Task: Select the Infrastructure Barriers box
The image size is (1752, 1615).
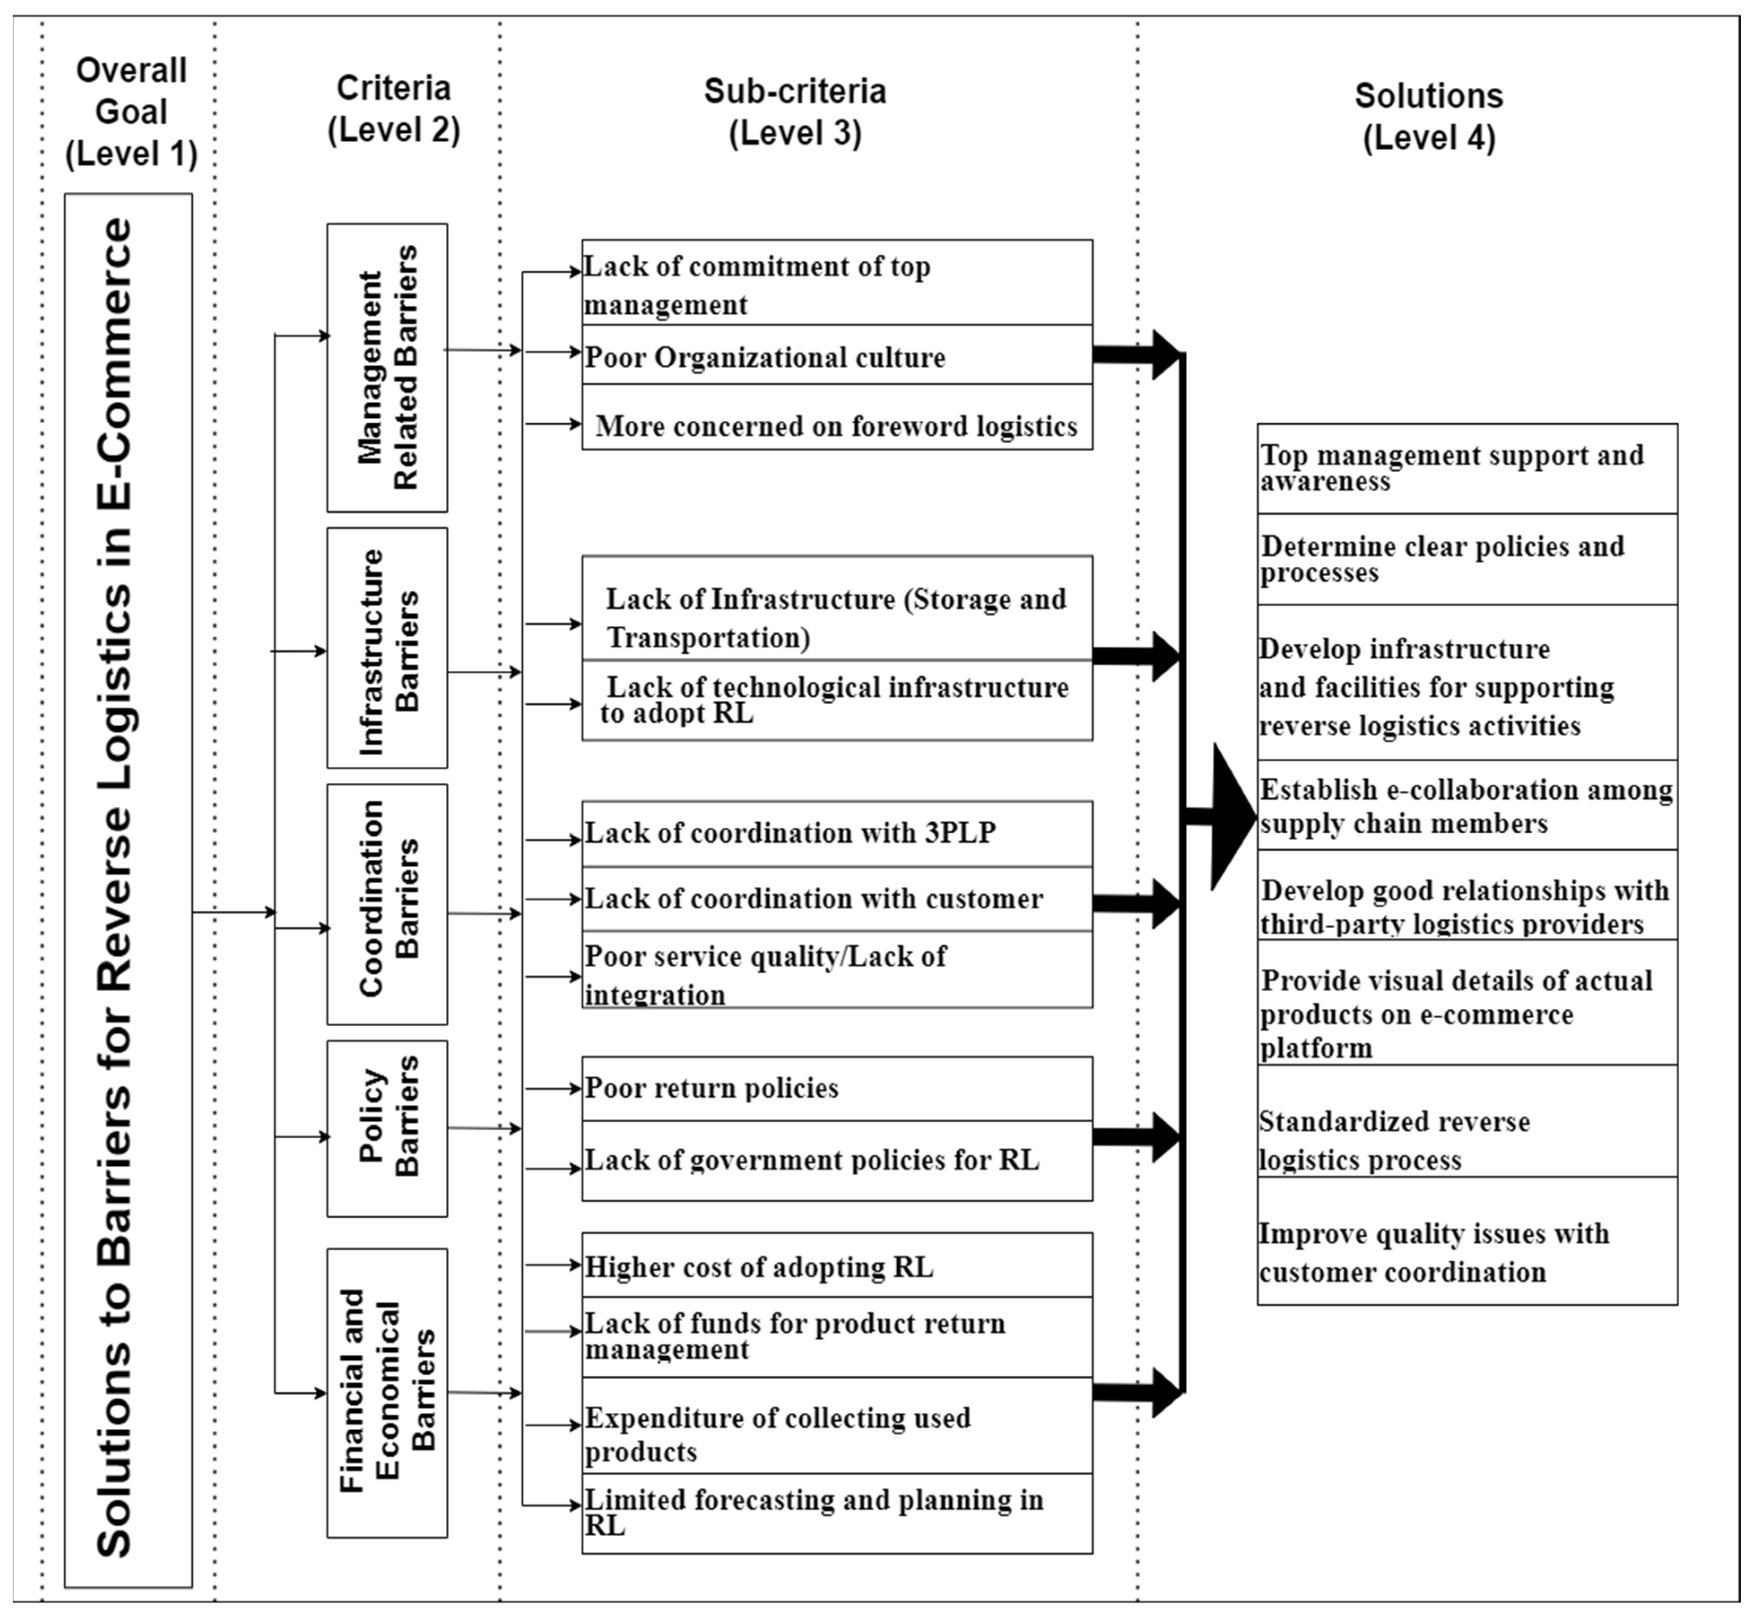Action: (387, 647)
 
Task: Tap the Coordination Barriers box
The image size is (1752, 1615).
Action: (387, 903)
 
